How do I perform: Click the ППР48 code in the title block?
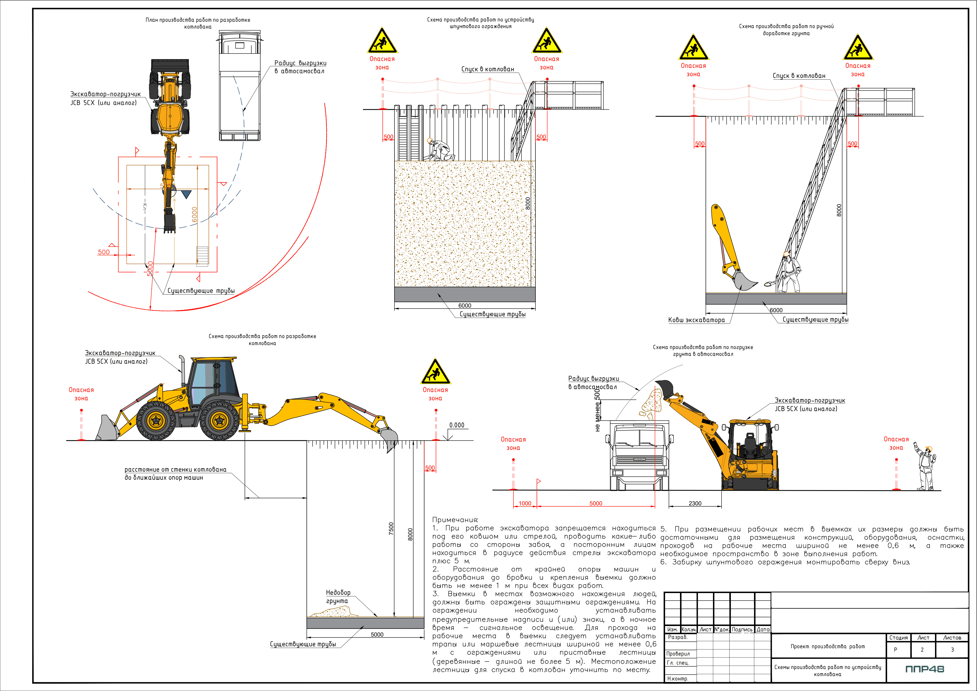[925, 669]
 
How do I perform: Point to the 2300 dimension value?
[695, 503]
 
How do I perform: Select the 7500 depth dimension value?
[391, 529]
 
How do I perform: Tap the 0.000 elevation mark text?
[457, 425]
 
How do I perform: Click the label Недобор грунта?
[338, 596]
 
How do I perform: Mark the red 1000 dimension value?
[525, 503]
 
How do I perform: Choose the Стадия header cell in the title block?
[898, 638]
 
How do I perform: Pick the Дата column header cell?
[763, 629]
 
